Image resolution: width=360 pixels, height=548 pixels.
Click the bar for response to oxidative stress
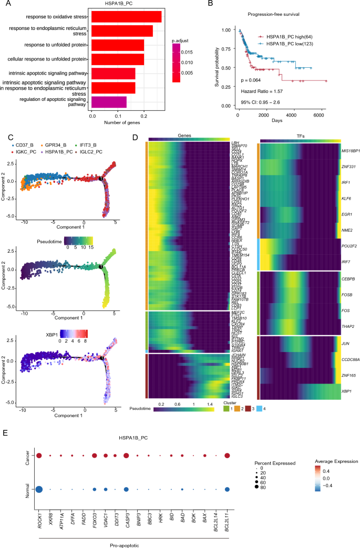pyautogui.click(x=126, y=17)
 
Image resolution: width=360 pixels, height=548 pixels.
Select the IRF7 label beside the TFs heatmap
pyautogui.click(x=346, y=188)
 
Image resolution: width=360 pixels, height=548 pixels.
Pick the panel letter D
pyautogui.click(x=135, y=138)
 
